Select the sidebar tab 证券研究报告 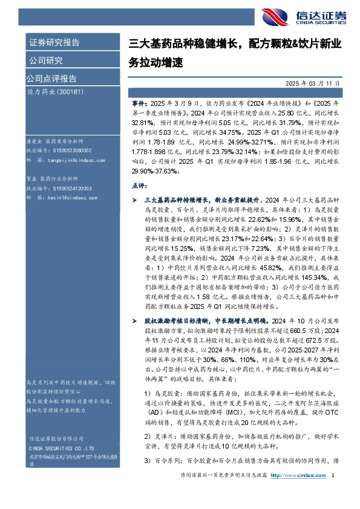(x=54, y=43)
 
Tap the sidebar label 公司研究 (x=45, y=60)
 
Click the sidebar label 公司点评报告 (x=51, y=78)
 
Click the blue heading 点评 (x=139, y=183)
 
